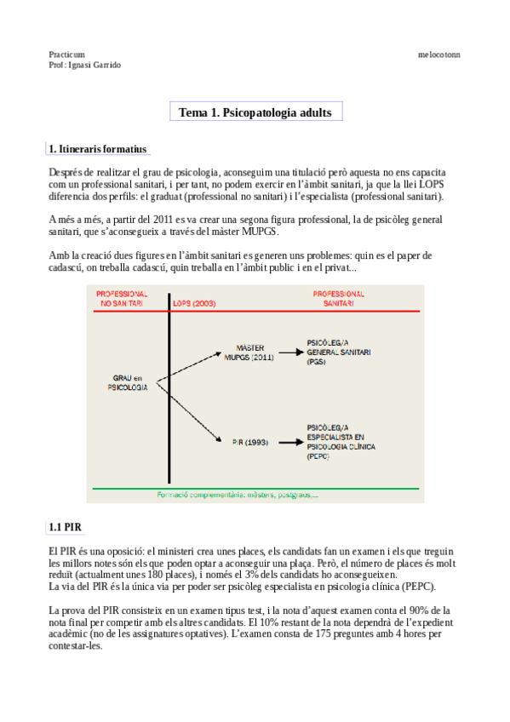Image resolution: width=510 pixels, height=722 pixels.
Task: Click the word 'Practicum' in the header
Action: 67,54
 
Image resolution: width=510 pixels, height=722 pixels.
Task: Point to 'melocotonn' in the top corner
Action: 438,54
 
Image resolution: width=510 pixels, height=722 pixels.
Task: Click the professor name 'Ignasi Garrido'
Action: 95,65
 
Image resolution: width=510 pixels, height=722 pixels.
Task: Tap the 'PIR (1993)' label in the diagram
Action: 249,442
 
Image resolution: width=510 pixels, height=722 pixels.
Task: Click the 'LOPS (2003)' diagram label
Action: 192,302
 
